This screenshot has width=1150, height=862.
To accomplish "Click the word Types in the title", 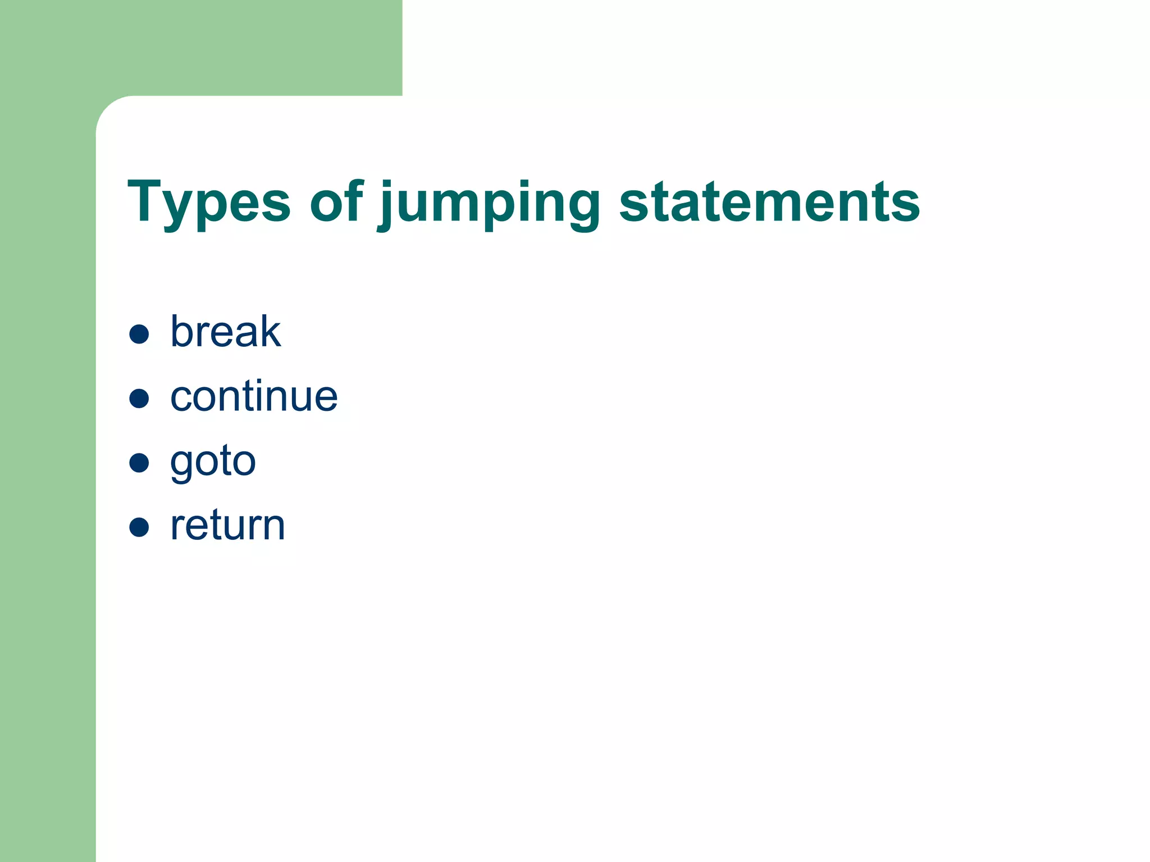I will pyautogui.click(x=209, y=202).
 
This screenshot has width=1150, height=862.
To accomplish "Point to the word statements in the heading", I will pyautogui.click(x=769, y=202).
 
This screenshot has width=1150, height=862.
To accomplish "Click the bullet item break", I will pyautogui.click(x=225, y=332).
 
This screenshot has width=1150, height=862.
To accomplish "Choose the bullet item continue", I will pyautogui.click(x=254, y=396).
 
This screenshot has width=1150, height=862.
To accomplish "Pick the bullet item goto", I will pyautogui.click(x=213, y=461).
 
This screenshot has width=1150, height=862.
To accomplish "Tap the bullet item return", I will pyautogui.click(x=227, y=526).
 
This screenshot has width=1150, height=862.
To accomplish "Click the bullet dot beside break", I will pyautogui.click(x=139, y=334).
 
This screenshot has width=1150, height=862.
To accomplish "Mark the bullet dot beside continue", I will pyautogui.click(x=139, y=398).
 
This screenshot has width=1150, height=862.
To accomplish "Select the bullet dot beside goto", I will pyautogui.click(x=139, y=463).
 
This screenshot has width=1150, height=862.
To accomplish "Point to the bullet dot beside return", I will pyautogui.click(x=139, y=528).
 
